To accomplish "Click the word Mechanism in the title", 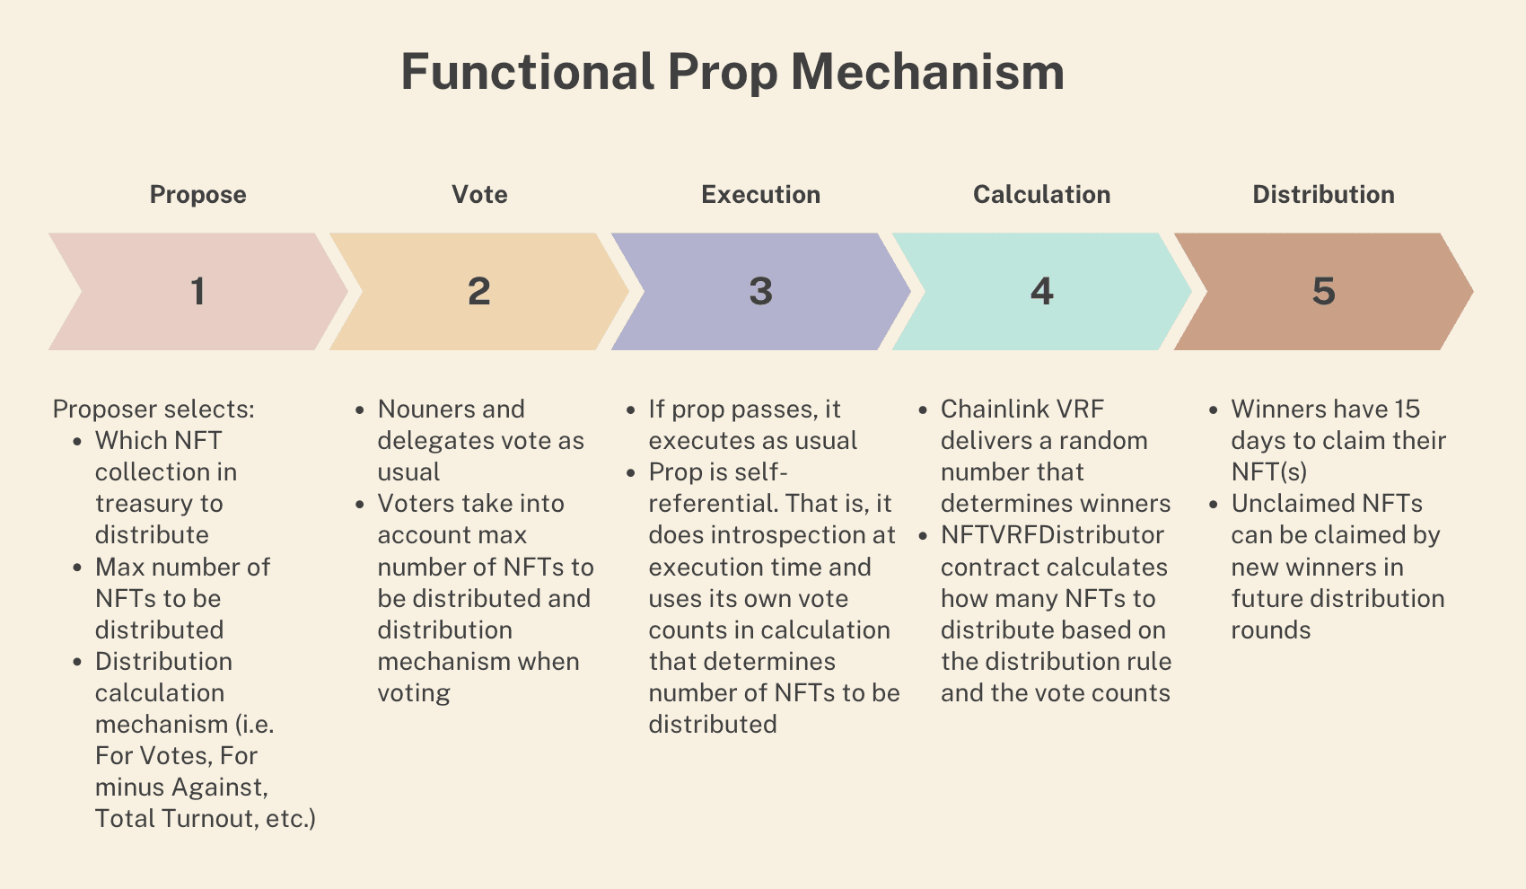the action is click(x=927, y=72).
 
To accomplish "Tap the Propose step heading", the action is click(x=197, y=195).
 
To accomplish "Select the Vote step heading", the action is click(x=479, y=194).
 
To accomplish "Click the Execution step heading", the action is click(x=761, y=194).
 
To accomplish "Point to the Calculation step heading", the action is click(x=1041, y=194).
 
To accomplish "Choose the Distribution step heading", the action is click(x=1324, y=194).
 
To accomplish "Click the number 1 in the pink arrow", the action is click(x=197, y=291).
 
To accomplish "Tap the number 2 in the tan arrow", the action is click(x=479, y=291).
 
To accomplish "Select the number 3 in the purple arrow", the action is click(x=761, y=291).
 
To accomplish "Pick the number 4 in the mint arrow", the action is click(x=1041, y=291).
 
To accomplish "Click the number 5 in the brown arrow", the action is click(x=1324, y=291).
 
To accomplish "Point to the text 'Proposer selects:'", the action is click(x=154, y=409).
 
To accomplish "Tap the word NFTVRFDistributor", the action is click(x=1053, y=535).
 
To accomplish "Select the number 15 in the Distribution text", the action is click(x=1407, y=409).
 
